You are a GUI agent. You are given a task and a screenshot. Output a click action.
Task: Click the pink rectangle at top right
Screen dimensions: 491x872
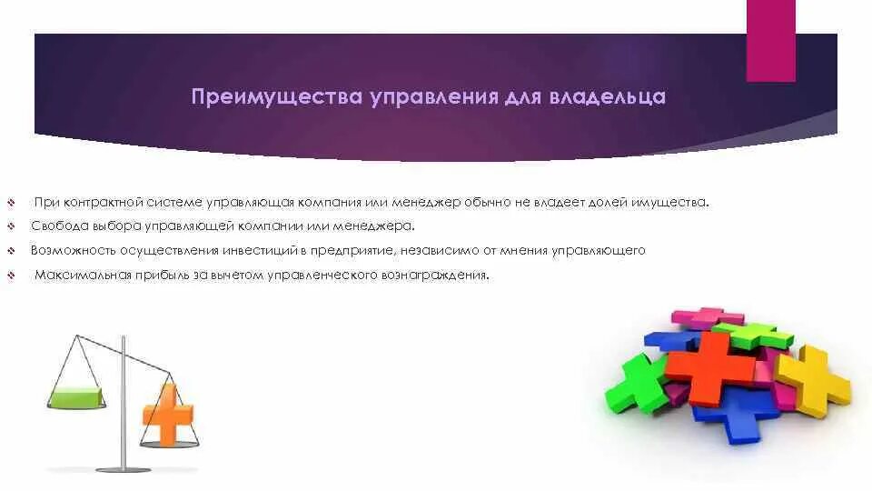tap(770, 41)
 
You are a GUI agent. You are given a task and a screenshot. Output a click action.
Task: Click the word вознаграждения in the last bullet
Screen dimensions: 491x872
tap(442, 275)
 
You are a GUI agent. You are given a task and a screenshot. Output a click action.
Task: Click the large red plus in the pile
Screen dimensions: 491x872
tap(710, 366)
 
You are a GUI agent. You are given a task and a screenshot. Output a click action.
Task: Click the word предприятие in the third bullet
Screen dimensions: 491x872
tap(353, 250)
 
